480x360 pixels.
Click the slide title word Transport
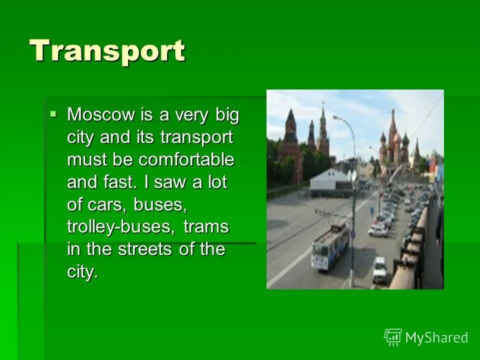(107, 51)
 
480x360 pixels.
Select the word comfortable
(186, 160)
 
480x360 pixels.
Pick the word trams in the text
(205, 227)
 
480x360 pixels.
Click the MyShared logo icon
(392, 337)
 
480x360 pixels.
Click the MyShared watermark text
(436, 337)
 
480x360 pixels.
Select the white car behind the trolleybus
(378, 230)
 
